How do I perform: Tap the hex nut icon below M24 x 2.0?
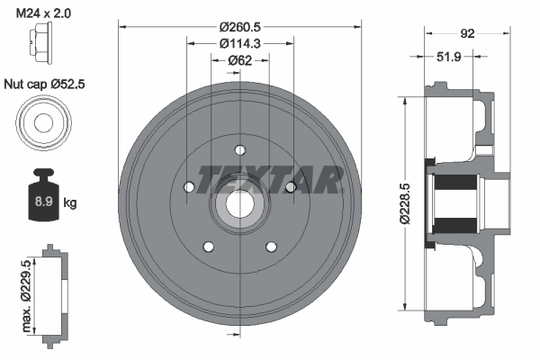(x=41, y=45)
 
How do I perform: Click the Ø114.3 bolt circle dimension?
(x=240, y=42)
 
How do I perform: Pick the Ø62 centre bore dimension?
(x=239, y=61)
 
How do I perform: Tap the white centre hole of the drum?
(x=239, y=204)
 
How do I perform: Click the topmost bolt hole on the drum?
(x=239, y=150)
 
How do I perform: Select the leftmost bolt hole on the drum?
(x=189, y=187)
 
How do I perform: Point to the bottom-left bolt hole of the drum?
(x=208, y=246)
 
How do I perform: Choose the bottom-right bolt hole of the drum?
(x=271, y=246)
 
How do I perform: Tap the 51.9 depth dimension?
(x=449, y=56)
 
